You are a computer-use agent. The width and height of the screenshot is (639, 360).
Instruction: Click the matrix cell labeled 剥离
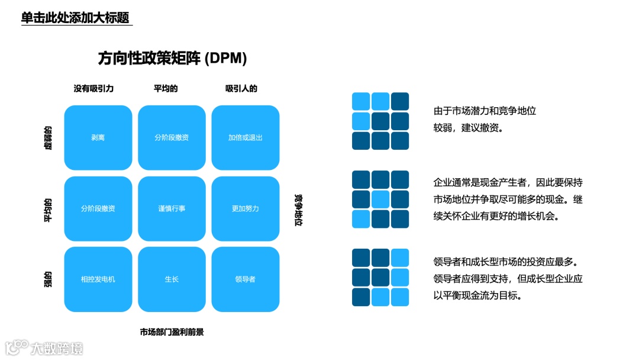point(98,137)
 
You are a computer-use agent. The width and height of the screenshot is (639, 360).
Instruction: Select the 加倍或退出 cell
point(245,137)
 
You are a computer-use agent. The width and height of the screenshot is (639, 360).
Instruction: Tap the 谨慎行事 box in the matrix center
point(172,208)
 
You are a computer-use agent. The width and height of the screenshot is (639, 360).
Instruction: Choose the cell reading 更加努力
point(245,208)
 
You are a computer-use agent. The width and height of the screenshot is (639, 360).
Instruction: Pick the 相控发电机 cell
point(98,279)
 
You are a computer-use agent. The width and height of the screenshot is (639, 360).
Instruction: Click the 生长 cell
point(172,279)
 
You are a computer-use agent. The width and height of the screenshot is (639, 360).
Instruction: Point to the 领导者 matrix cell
point(245,279)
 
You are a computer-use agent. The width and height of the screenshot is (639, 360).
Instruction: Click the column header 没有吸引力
point(93,89)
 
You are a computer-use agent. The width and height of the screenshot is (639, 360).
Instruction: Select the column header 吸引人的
point(241,89)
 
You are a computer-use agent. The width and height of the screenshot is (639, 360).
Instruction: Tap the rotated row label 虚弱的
point(48,137)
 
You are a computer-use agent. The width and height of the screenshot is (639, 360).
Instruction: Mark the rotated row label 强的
point(48,279)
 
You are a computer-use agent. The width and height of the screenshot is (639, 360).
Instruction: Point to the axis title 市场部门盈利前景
point(172,332)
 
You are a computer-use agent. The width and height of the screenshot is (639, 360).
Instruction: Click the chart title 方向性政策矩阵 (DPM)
point(172,58)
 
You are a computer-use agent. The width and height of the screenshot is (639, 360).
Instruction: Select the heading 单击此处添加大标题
point(75,18)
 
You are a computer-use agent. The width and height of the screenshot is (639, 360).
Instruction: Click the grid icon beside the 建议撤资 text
point(380,121)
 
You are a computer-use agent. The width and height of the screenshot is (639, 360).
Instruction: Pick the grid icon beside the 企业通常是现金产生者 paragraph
point(380,200)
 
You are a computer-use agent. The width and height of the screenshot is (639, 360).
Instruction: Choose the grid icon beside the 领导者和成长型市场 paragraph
point(380,277)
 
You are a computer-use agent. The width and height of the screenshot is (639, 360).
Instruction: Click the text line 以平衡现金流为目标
point(478,295)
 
